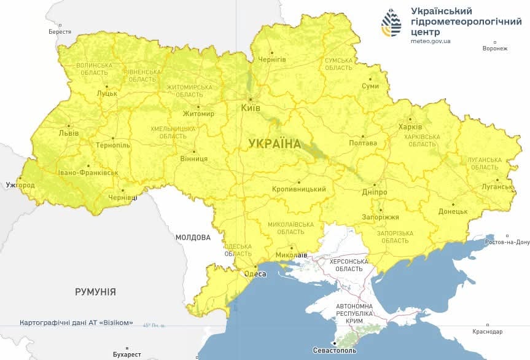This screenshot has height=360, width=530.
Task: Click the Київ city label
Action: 251,108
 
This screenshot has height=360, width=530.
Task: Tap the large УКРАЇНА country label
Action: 275,144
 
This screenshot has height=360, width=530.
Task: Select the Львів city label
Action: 68,133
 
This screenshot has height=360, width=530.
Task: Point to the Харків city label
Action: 410,127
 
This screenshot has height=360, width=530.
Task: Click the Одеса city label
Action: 255,274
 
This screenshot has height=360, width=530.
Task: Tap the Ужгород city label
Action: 20,185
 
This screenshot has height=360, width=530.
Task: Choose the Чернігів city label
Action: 271,59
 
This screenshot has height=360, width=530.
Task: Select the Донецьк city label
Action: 453,211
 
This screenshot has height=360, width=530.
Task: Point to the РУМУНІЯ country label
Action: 95,292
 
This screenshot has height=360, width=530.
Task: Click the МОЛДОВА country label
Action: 193,237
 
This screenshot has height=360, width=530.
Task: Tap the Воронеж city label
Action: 496,49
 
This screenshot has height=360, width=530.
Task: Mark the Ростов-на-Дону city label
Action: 507,242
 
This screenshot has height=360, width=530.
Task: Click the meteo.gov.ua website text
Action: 431,41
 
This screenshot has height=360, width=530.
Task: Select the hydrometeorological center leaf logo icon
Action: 391,23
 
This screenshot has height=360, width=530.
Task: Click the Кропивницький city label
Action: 299,189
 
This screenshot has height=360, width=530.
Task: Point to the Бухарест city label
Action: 127,354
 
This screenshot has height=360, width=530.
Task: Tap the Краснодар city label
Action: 488,332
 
